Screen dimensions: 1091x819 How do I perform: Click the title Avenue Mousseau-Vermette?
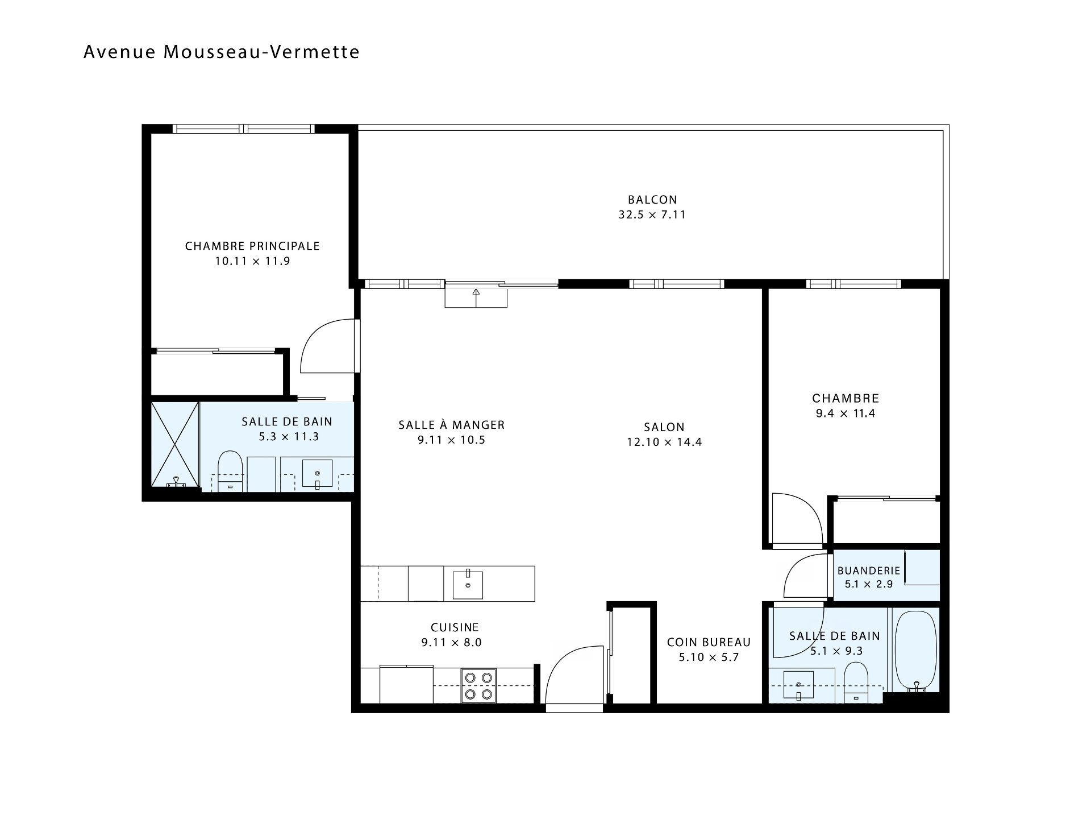click(222, 52)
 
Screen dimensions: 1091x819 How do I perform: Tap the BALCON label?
click(652, 200)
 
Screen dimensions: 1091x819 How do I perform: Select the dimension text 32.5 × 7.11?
click(652, 215)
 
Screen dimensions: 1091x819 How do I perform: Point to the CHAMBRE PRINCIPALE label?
click(252, 246)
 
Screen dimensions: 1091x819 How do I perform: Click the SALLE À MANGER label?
click(451, 425)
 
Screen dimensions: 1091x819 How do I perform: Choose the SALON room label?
click(664, 427)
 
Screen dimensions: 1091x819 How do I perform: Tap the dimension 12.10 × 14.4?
click(664, 442)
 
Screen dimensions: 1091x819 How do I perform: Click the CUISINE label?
click(455, 627)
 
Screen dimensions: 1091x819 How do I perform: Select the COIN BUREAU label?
click(709, 642)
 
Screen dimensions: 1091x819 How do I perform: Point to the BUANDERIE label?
click(869, 570)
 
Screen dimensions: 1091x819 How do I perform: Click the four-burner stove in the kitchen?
click(478, 686)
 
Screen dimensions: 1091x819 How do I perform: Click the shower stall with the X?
click(175, 445)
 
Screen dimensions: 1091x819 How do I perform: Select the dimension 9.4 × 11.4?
click(846, 413)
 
